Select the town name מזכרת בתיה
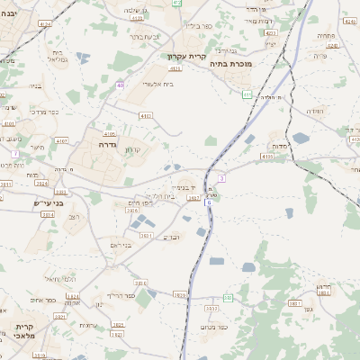tap(231, 64)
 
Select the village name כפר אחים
tap(42, 301)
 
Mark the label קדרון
tap(135, 149)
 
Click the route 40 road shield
tap(119, 85)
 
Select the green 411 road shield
tap(247, 94)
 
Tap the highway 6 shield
tap(209, 203)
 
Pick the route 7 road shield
tap(15, 154)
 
